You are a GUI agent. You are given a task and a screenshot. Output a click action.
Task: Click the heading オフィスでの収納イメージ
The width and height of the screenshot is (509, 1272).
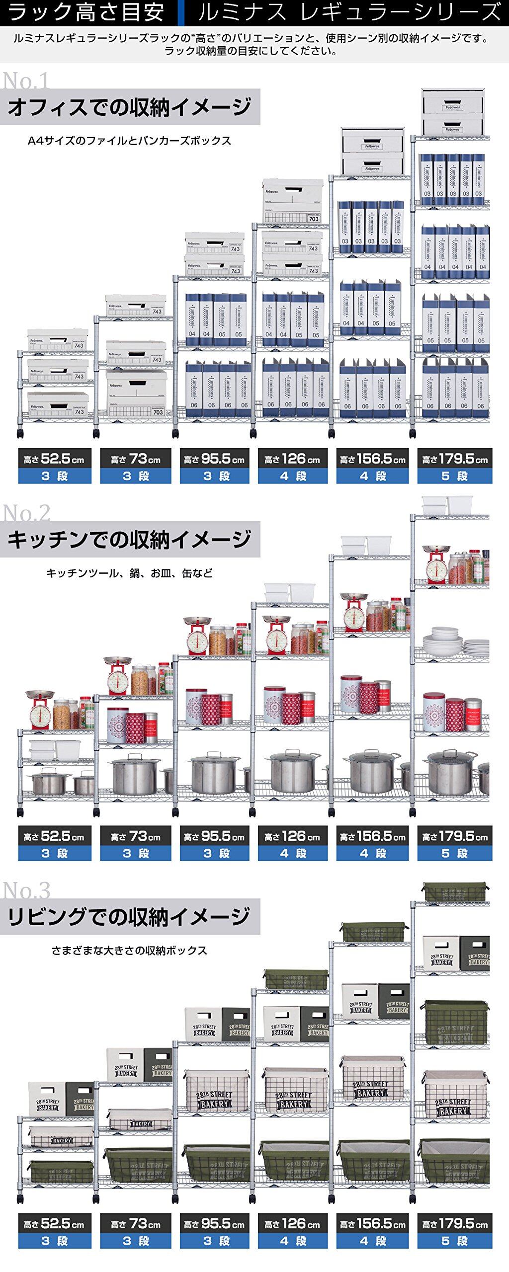point(129,107)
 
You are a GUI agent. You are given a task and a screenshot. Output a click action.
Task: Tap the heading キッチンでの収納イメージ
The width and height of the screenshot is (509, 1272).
point(129,540)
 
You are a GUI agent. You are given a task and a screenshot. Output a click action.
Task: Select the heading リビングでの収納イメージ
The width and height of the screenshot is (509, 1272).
point(129,916)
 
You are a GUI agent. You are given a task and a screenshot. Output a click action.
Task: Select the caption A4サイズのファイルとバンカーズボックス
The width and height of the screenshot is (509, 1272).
point(129,141)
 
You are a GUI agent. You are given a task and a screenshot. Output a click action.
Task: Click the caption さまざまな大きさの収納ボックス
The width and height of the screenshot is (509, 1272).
point(129,951)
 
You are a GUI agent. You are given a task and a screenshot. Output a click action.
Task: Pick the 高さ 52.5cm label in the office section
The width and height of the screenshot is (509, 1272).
point(55,459)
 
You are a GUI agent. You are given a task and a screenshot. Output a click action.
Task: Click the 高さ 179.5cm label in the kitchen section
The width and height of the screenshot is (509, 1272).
point(455,837)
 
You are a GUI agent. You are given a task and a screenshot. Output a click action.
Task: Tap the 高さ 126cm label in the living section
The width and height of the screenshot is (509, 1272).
point(293,1223)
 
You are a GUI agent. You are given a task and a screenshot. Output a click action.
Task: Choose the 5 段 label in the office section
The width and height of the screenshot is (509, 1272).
point(455,476)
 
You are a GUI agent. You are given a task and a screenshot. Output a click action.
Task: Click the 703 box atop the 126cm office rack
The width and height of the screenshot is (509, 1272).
point(292,202)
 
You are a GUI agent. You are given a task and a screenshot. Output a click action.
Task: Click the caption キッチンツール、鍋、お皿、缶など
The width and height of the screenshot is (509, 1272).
point(129,573)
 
